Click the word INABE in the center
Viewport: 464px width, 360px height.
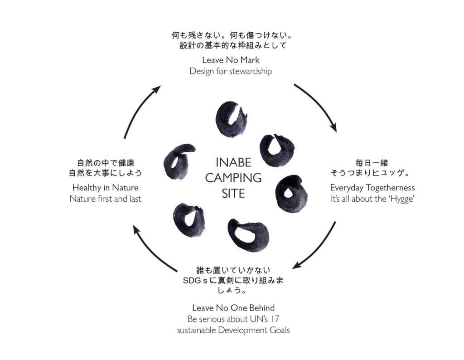tap(233, 162)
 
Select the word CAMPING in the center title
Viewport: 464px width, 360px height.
tap(233, 178)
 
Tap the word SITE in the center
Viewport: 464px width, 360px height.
tap(233, 194)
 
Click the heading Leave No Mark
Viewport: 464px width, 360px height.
tap(231, 60)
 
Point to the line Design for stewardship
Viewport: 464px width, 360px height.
tap(231, 71)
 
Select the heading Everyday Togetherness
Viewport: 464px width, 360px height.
tap(372, 188)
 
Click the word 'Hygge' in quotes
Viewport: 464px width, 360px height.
tap(401, 199)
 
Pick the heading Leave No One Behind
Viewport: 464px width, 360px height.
tap(233, 308)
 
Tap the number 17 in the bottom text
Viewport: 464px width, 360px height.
tap(275, 319)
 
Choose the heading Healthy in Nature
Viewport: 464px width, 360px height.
tap(105, 188)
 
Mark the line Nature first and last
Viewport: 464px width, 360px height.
tap(105, 199)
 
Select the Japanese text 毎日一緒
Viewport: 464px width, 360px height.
tap(372, 162)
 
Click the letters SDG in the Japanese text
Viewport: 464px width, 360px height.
tap(192, 280)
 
